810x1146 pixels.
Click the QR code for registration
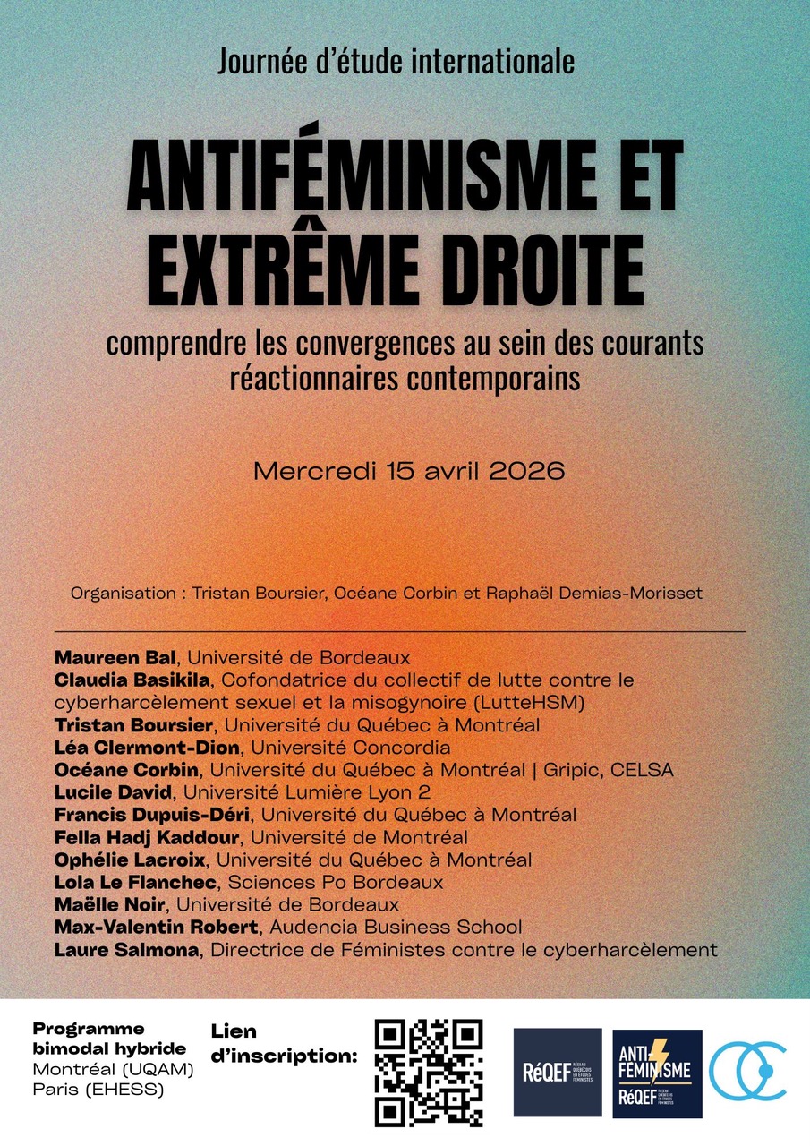click(429, 1072)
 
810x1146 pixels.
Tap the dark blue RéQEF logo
click(557, 1073)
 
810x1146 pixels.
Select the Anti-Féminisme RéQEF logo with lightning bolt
click(657, 1073)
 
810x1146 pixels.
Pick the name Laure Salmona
click(126, 950)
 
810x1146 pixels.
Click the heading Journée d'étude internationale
click(396, 63)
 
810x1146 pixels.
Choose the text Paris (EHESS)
click(98, 1090)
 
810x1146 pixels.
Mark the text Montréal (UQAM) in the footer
click(112, 1069)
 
